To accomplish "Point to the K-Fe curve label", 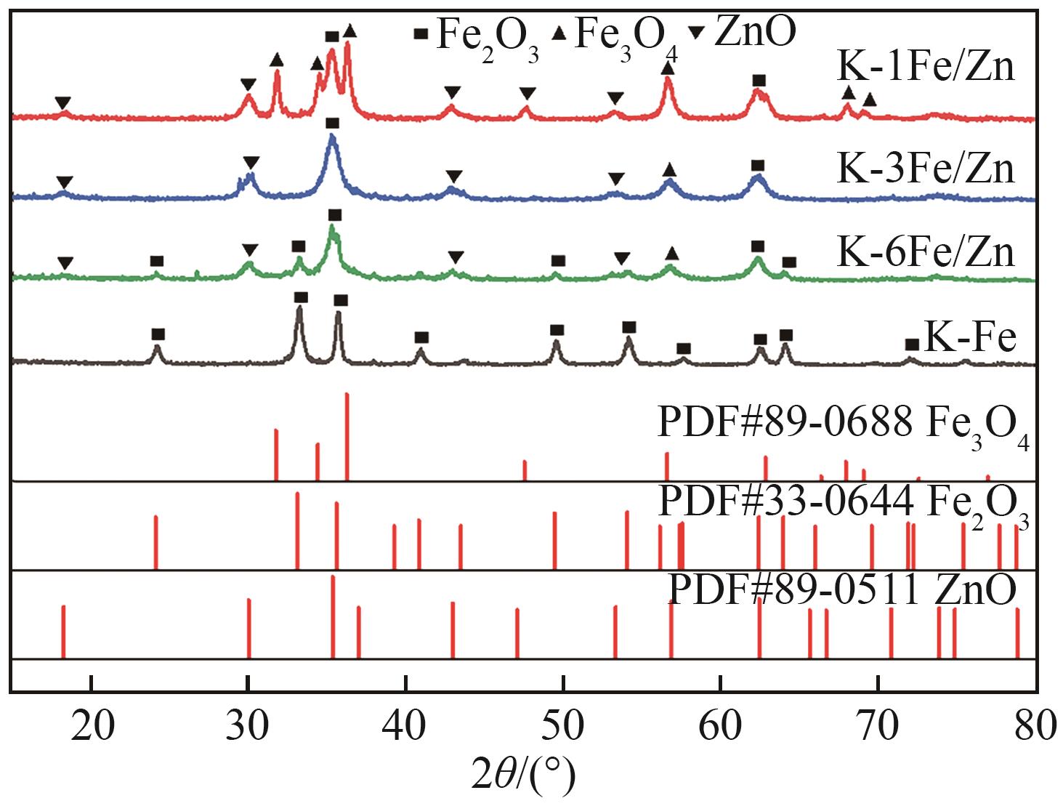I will (x=969, y=337).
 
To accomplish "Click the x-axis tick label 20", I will (x=92, y=726).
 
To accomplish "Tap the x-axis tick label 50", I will (x=563, y=726).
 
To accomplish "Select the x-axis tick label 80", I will (x=1034, y=726).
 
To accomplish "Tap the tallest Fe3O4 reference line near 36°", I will (x=347, y=436).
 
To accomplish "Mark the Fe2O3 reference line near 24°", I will (x=156, y=542).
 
